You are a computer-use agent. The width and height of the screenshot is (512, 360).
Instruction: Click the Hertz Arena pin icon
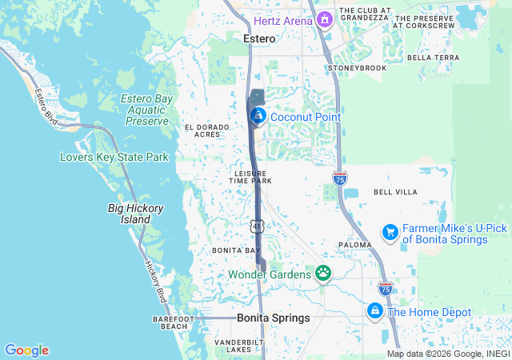click(325, 19)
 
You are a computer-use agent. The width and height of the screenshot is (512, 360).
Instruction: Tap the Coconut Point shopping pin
click(258, 117)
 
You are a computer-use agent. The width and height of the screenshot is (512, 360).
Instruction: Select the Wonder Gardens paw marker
click(323, 274)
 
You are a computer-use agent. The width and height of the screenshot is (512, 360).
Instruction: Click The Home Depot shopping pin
click(374, 310)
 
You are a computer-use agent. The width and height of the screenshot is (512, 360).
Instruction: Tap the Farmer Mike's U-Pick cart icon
click(390, 232)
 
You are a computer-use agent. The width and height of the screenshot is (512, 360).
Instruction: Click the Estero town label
click(259, 38)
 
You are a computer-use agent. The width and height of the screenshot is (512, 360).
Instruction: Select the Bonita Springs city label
click(273, 318)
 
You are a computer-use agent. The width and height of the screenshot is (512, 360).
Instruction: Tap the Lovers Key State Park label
click(114, 157)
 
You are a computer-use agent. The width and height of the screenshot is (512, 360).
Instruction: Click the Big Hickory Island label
click(136, 214)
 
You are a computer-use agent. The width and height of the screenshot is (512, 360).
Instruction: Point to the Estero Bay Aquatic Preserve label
click(147, 110)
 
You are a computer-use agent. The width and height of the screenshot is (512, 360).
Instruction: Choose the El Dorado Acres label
click(202, 130)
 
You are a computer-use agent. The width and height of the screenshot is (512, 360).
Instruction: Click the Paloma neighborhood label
click(354, 245)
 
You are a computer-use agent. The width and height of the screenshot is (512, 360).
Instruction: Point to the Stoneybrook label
click(358, 68)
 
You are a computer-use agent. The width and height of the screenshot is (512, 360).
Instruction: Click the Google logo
click(26, 350)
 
